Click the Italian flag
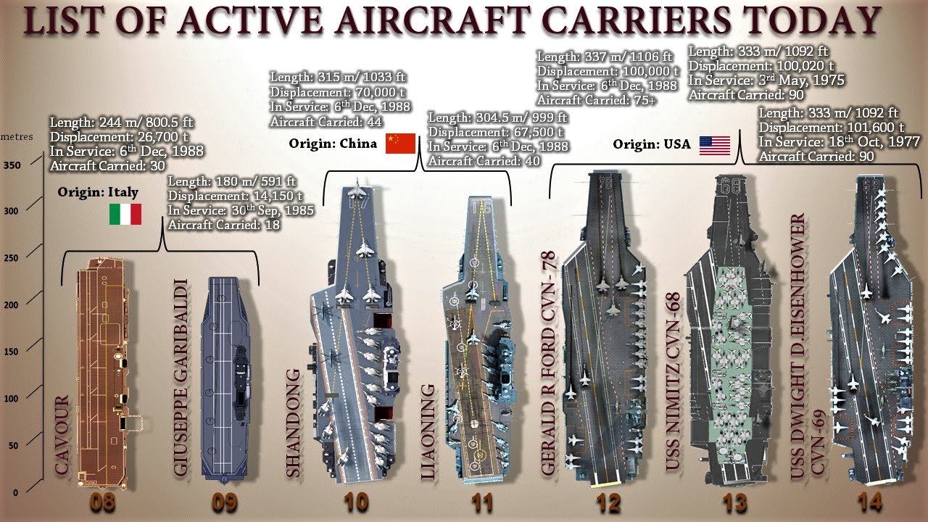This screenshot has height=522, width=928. coord(125,214)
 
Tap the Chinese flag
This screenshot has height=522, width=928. coord(400,144)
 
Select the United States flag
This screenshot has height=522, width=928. coord(715,146)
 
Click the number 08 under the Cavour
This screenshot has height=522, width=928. coord(103,503)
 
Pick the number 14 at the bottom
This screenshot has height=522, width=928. coord(869,503)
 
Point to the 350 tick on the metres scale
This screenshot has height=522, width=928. coord(12,165)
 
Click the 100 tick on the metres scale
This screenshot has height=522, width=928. coord(12,399)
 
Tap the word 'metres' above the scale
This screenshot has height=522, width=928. coord(17,137)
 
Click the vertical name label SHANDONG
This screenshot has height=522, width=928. coord(293,423)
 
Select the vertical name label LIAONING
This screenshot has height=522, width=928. coord(428,432)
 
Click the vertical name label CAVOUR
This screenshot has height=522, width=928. coord(62,435)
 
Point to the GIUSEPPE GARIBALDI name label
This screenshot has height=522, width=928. coord(181,378)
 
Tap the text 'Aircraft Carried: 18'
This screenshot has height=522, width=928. coord(224,225)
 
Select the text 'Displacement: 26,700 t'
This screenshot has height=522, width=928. coord(119,137)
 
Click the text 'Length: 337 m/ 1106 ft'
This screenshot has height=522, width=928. coord(605,57)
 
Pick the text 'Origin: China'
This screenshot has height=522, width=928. coord(333,144)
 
